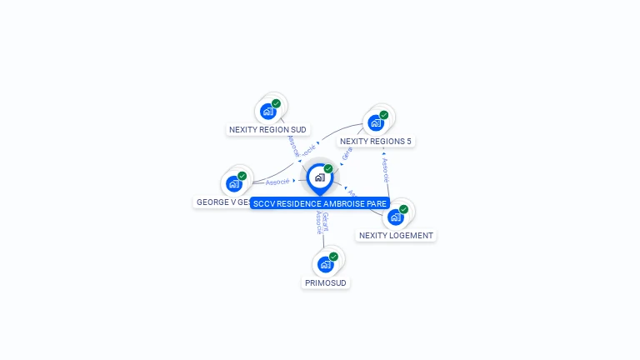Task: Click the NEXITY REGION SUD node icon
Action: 267,111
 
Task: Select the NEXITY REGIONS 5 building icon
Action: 376,122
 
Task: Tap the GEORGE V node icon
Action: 234,183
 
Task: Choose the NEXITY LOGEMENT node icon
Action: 396,217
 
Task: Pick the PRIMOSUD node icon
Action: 326,264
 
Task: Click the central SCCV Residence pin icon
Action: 319,177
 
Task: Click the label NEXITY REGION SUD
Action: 268,130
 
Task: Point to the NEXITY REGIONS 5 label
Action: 376,142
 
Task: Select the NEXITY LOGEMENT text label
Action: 396,236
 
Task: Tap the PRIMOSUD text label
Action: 326,283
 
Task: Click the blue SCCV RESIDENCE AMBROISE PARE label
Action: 320,203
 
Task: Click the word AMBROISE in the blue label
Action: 342,203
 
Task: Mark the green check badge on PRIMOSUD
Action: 333,257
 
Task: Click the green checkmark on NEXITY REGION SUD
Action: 276,103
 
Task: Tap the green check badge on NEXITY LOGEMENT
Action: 404,209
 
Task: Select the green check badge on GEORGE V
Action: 242,176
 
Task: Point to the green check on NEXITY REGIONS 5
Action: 384,115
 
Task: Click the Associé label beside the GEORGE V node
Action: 277,181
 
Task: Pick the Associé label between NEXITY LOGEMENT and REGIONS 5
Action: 386,170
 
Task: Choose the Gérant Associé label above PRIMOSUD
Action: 322,222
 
